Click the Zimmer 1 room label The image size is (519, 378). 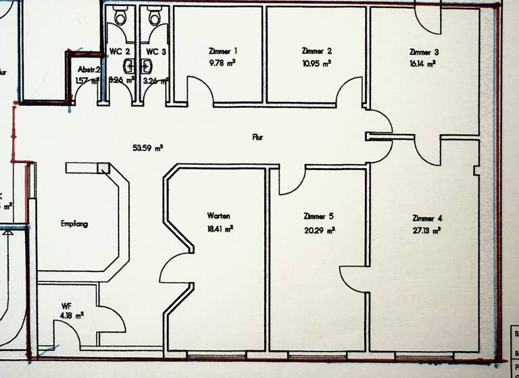[x=223, y=51]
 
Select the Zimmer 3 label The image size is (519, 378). [x=424, y=51]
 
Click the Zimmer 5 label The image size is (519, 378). [x=319, y=217]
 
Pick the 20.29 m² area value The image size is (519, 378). [x=320, y=230]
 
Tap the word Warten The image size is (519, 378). [x=219, y=216]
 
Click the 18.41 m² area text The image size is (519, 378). [x=220, y=230]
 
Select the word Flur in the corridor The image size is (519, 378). [x=257, y=137]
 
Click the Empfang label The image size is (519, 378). [x=74, y=223]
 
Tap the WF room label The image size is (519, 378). [x=66, y=306]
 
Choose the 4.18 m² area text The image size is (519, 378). [x=71, y=315]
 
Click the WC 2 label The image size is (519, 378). [x=120, y=51]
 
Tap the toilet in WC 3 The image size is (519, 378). [x=155, y=18]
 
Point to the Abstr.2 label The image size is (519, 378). [x=89, y=70]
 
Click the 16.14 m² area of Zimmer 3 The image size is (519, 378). [x=422, y=63]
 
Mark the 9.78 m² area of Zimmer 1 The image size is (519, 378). [x=222, y=63]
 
